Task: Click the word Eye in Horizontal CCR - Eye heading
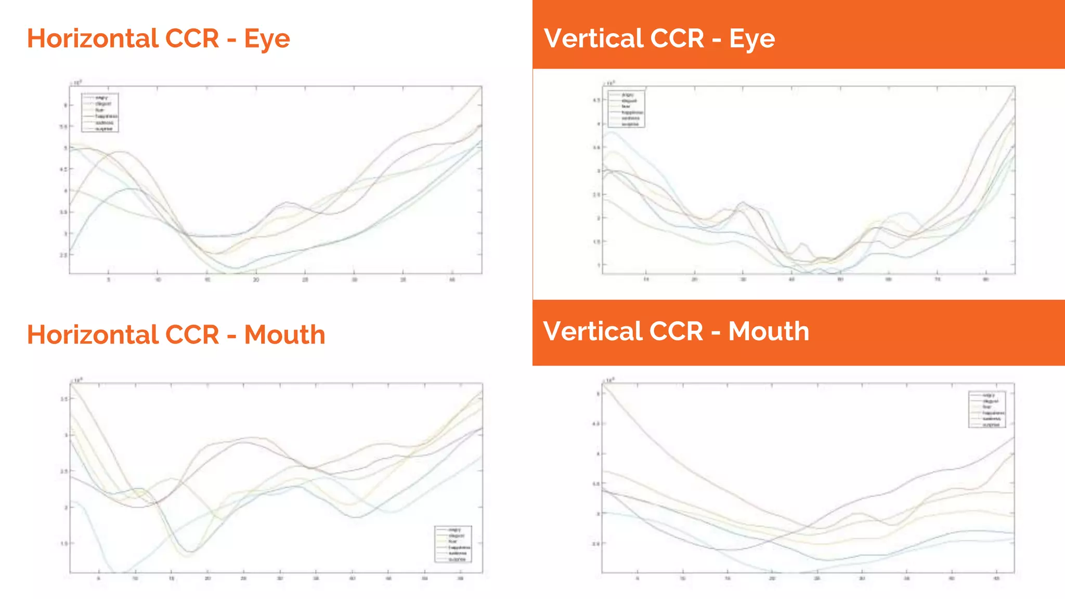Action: [x=267, y=40]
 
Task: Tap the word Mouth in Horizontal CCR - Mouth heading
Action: [x=284, y=335]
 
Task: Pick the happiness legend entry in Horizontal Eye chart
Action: [x=106, y=116]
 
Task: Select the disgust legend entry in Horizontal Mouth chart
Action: [x=456, y=536]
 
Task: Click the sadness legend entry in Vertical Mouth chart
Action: [x=992, y=419]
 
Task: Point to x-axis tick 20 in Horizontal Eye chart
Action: [x=256, y=280]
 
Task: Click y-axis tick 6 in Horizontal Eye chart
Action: [x=66, y=105]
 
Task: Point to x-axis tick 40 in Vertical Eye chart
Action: [x=791, y=280]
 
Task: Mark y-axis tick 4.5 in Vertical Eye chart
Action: [x=596, y=100]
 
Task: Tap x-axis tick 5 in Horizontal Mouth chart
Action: [x=99, y=578]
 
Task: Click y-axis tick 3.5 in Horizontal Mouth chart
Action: [x=64, y=399]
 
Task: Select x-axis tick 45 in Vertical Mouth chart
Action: [x=996, y=578]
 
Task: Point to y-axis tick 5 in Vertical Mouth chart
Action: [x=598, y=394]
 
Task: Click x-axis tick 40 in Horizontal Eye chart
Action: [x=452, y=280]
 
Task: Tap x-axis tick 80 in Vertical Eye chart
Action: [x=985, y=280]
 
